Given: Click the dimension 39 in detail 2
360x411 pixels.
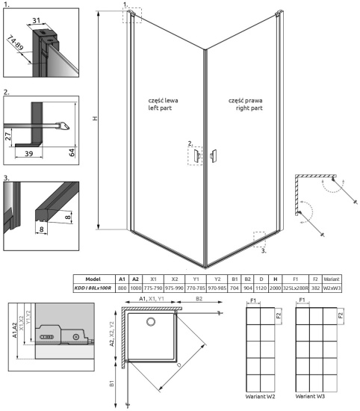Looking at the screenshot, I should (28, 153).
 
